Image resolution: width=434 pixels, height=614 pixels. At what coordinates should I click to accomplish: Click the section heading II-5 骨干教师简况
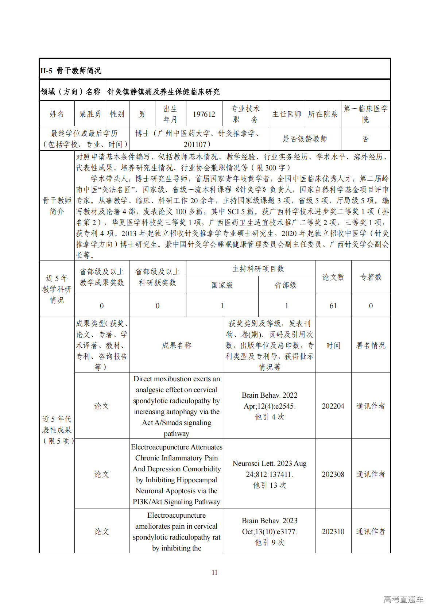pyautogui.click(x=71, y=70)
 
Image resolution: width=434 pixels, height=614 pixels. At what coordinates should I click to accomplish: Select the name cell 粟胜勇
pyautogui.click(x=90, y=114)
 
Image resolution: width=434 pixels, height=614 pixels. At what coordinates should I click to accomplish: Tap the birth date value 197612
pyautogui.click(x=204, y=114)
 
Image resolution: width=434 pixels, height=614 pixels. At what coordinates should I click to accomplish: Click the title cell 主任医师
pyautogui.click(x=287, y=114)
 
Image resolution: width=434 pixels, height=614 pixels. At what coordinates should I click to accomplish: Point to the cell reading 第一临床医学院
pyautogui.click(x=365, y=114)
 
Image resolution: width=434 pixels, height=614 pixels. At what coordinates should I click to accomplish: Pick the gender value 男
pyautogui.click(x=142, y=114)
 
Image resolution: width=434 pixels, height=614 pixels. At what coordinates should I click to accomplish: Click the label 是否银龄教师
pyautogui.click(x=305, y=139)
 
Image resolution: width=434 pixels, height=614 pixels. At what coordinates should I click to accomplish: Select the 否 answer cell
pyautogui.click(x=365, y=139)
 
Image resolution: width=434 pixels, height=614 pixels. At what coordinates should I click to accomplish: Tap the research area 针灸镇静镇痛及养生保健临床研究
pyautogui.click(x=163, y=92)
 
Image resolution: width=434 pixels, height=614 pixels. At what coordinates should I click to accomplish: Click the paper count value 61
pyautogui.click(x=333, y=306)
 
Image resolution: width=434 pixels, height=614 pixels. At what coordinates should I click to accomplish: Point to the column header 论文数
pyautogui.click(x=333, y=277)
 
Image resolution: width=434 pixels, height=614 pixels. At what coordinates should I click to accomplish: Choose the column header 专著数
pyautogui.click(x=371, y=277)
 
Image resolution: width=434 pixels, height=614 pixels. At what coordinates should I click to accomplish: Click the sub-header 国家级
pyautogui.click(x=222, y=285)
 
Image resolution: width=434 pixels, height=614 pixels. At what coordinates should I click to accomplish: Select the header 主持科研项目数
pyautogui.click(x=258, y=269)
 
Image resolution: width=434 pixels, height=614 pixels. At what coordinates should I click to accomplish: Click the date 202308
pyautogui.click(x=333, y=474)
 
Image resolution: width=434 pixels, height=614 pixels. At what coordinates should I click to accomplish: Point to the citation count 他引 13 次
pyautogui.click(x=270, y=485)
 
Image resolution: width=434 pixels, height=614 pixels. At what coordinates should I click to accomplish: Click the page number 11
pyautogui.click(x=214, y=572)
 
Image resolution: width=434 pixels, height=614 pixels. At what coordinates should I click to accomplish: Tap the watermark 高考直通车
pyautogui.click(x=403, y=599)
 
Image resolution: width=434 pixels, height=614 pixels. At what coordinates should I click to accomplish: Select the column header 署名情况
pyautogui.click(x=371, y=345)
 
